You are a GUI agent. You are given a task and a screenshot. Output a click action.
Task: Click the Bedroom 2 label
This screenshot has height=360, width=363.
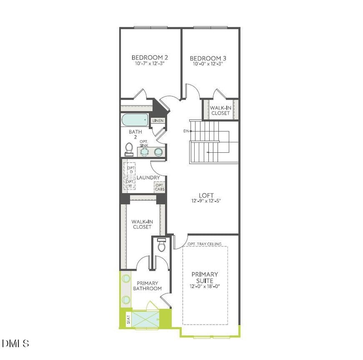click(150, 58)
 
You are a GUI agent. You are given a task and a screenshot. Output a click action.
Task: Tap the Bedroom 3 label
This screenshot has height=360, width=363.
click(208, 58)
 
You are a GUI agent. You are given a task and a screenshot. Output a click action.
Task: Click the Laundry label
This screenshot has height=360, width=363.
click(147, 178)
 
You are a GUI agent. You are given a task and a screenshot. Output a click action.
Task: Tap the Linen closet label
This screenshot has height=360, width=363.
click(158, 121)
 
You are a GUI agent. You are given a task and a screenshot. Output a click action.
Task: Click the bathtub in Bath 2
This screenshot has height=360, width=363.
click(135, 121)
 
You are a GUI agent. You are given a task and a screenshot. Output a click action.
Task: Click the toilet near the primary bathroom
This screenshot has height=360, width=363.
click(161, 246)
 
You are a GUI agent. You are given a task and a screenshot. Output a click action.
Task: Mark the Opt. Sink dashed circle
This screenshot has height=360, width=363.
click(144, 151)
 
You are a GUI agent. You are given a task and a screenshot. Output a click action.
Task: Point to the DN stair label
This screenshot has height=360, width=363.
click(186, 131)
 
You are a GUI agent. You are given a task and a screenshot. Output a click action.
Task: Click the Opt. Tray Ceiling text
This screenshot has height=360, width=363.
click(204, 244)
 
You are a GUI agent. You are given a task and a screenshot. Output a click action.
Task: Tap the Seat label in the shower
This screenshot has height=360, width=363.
click(127, 318)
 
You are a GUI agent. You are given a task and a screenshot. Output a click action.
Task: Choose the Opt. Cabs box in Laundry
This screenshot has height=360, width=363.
click(159, 187)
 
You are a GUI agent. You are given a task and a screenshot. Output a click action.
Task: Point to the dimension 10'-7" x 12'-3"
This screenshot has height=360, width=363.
click(150, 64)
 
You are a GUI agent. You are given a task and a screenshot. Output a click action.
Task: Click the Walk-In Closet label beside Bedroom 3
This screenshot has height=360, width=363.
click(220, 110)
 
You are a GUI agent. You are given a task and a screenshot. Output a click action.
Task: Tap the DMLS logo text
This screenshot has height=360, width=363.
click(16, 343)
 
